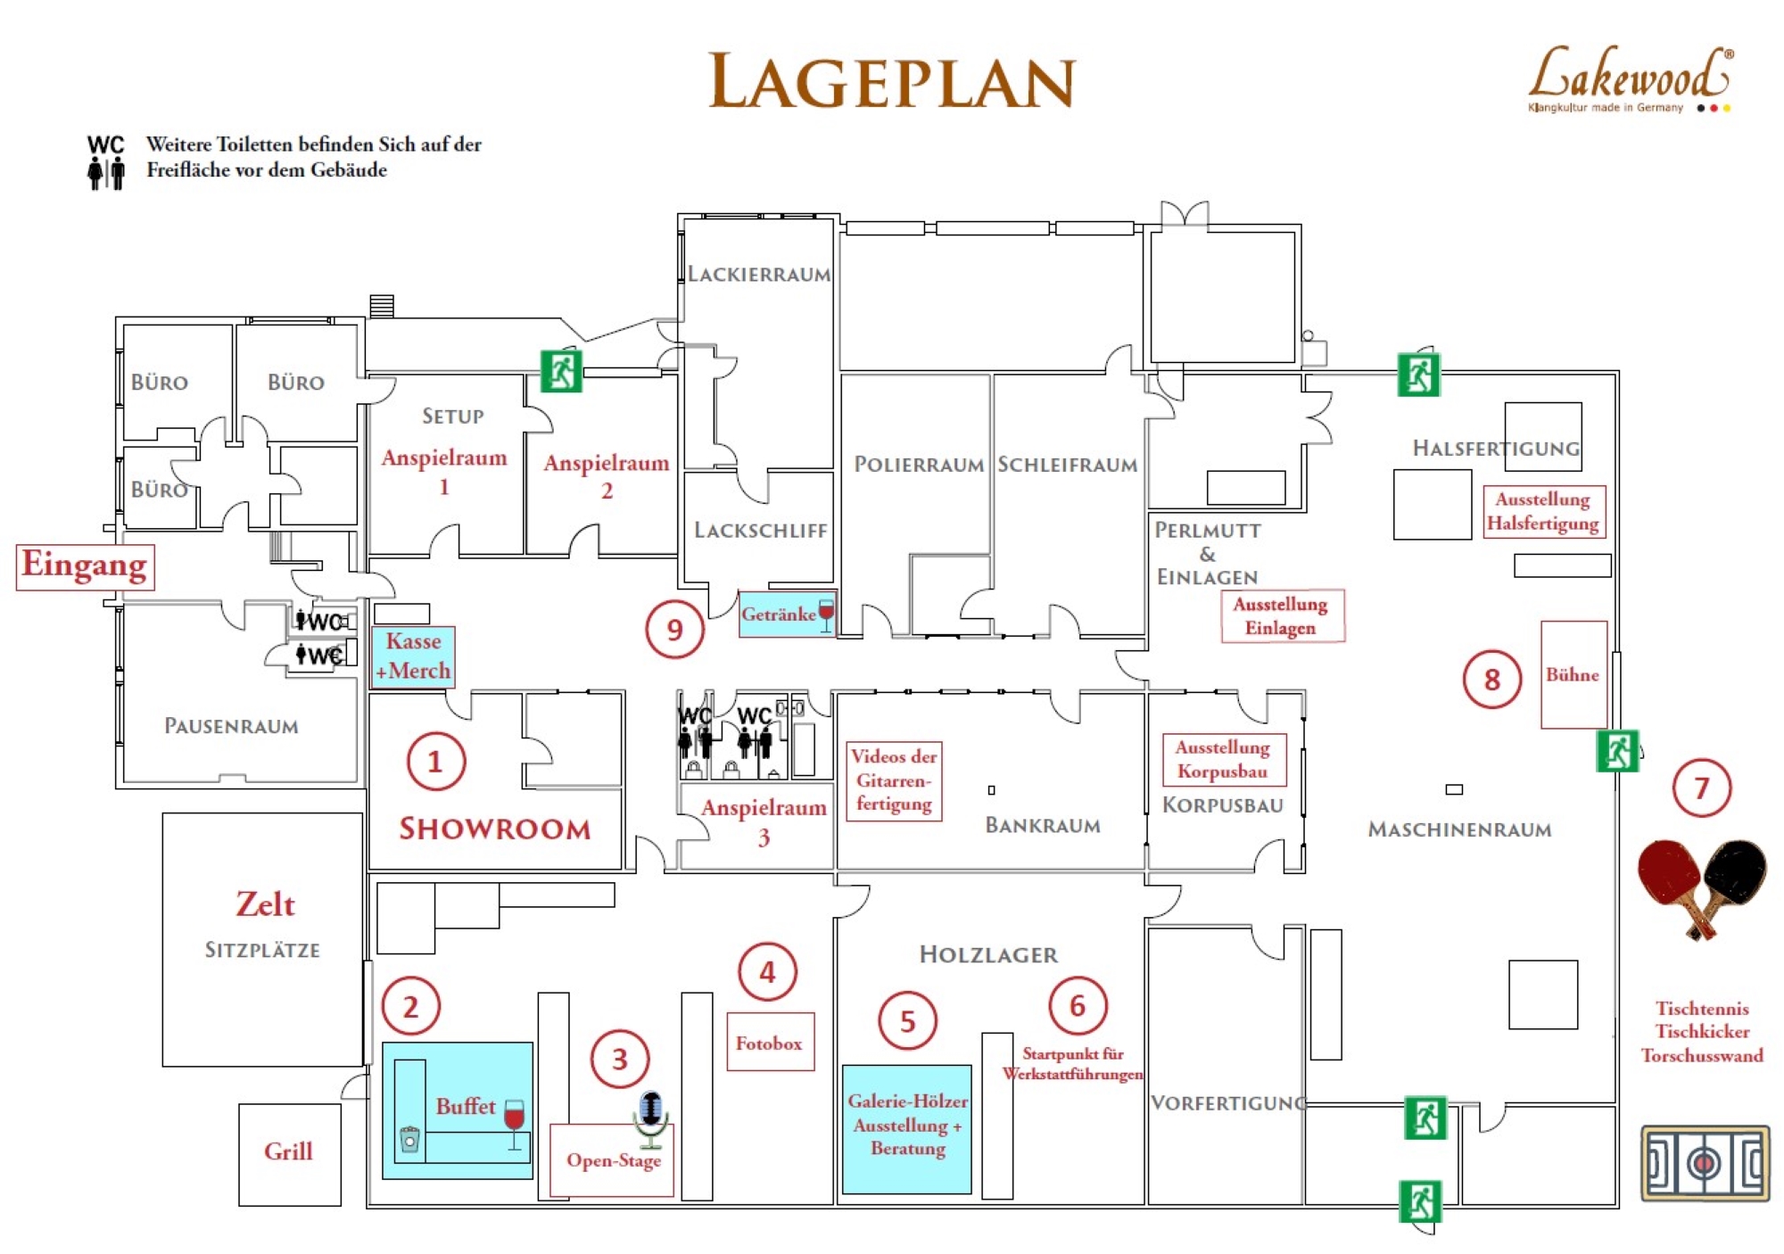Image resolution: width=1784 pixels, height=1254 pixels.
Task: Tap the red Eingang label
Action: (x=85, y=566)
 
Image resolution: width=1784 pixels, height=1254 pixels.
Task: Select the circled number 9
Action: (x=674, y=630)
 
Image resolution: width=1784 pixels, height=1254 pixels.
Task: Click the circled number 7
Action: (x=1701, y=788)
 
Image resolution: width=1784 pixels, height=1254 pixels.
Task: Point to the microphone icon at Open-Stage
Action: (x=651, y=1117)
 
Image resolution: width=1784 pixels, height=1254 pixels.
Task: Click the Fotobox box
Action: (x=770, y=1042)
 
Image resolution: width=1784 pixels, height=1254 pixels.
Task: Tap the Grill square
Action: (x=289, y=1154)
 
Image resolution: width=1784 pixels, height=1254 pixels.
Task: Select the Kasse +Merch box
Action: (x=413, y=656)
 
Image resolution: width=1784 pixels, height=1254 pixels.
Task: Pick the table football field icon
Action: (x=1705, y=1163)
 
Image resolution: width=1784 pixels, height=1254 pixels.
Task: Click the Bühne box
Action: (x=1573, y=674)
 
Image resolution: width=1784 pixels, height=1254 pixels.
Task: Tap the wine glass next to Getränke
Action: (x=826, y=614)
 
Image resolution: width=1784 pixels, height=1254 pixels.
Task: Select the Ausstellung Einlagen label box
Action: (x=1282, y=615)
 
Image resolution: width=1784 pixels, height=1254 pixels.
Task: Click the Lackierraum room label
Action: (x=758, y=274)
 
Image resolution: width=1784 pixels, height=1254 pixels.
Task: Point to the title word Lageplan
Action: (x=892, y=82)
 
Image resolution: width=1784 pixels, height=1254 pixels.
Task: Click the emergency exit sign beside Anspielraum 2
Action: (x=561, y=371)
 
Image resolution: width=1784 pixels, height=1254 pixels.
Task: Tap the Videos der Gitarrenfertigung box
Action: (x=894, y=780)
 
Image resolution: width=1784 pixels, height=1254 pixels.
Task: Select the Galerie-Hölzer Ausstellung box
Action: (x=907, y=1128)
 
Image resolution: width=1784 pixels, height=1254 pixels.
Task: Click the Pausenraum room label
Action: (x=231, y=726)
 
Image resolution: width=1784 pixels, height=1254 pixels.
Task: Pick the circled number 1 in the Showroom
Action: (x=435, y=762)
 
